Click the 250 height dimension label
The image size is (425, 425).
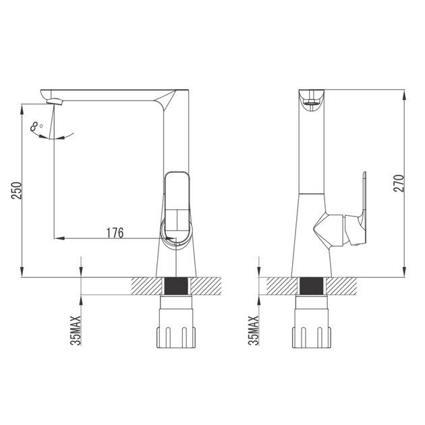tap(16, 190)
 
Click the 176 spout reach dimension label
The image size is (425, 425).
tap(115, 233)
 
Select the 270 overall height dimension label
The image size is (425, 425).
tap(399, 183)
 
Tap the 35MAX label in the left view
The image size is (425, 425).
tap(76, 331)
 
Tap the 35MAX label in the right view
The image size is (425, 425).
tap(254, 331)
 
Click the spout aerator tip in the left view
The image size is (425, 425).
tap(55, 102)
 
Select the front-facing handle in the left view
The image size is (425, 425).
tap(177, 206)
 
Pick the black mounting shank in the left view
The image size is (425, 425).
tap(176, 286)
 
